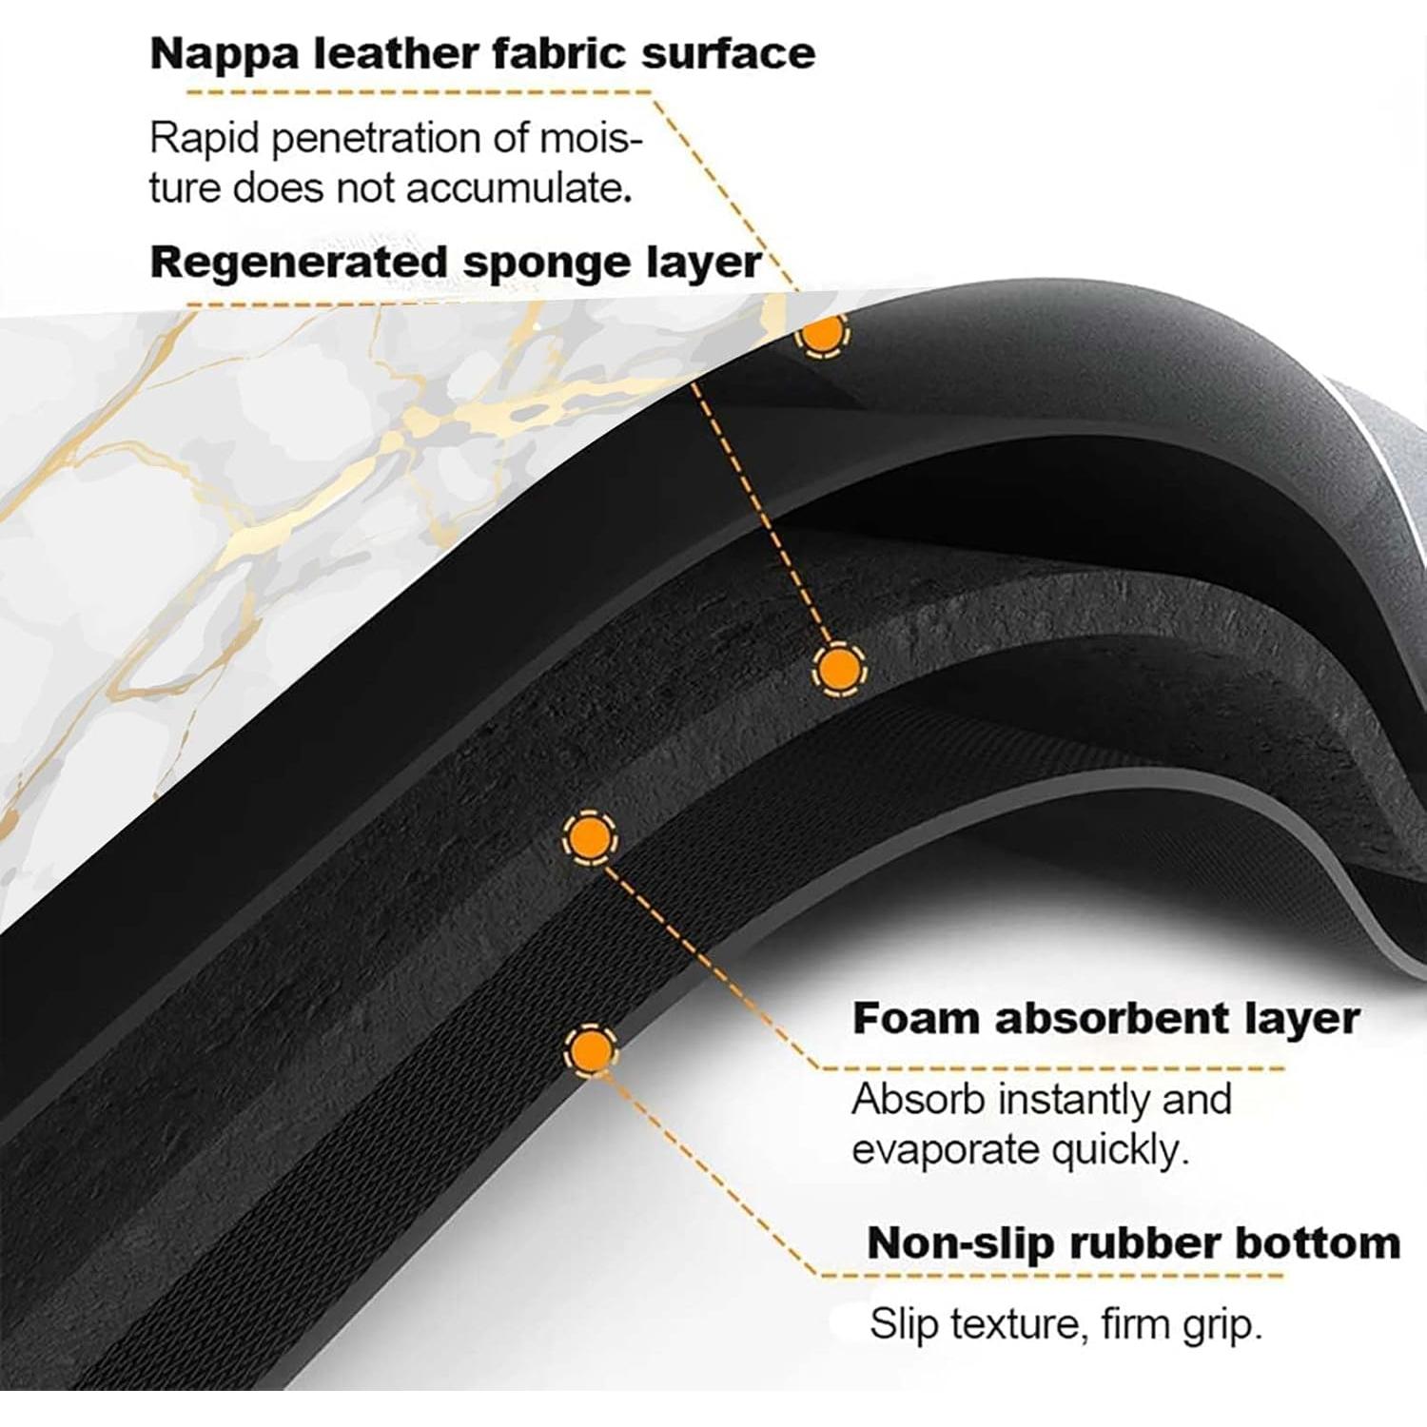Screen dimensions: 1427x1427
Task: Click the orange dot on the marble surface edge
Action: pos(823,333)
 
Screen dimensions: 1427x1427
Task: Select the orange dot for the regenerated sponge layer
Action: pos(839,671)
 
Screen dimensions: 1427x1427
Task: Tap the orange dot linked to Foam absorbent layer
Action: pos(590,837)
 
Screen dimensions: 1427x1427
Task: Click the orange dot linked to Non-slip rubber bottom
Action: pos(591,1050)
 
